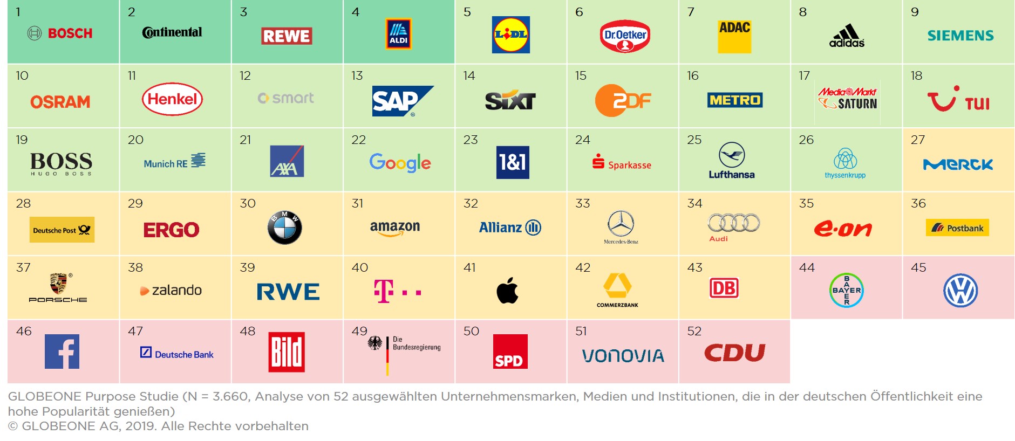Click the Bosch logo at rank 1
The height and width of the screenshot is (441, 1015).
60,33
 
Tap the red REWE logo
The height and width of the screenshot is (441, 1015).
287,36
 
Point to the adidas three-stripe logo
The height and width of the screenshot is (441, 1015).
847,36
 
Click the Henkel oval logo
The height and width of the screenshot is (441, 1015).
172,99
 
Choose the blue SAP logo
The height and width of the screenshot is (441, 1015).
402,101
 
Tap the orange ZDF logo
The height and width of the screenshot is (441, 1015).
623,100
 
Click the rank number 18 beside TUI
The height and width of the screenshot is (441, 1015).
916,76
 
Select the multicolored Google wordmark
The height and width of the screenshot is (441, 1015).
400,162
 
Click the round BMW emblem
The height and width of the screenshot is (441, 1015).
284,228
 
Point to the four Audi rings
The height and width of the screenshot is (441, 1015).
734,223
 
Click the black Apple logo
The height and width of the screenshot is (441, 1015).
507,291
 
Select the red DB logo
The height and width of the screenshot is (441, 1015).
724,288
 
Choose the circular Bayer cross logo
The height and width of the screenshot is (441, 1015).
846,291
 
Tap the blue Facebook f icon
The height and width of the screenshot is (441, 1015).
62,352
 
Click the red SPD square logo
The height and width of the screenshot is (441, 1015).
510,352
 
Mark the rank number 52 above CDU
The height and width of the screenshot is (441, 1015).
694,331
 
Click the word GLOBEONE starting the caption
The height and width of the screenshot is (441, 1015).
44,397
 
